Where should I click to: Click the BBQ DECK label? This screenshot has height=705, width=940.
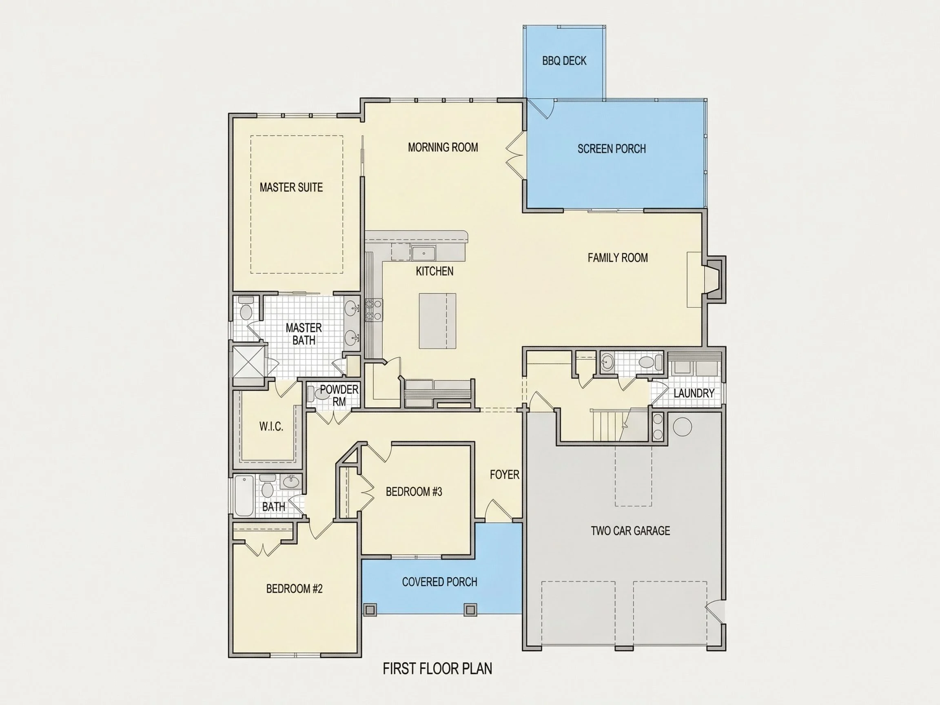click(564, 61)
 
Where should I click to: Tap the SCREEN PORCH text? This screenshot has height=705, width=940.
click(612, 149)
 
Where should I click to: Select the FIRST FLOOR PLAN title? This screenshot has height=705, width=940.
click(437, 668)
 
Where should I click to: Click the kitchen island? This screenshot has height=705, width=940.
click(437, 321)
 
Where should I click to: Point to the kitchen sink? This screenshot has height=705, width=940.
click(423, 253)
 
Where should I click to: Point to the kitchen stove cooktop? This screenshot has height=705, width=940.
click(374, 310)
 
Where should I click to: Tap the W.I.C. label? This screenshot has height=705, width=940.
click(271, 427)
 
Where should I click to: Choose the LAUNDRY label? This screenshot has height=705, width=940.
click(694, 393)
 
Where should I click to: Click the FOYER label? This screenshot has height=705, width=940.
click(504, 474)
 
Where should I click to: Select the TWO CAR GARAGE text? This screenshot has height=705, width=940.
click(630, 531)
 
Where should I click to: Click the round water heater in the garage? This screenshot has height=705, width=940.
click(683, 426)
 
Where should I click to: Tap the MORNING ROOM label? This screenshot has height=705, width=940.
click(443, 147)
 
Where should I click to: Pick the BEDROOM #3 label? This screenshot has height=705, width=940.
click(414, 492)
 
